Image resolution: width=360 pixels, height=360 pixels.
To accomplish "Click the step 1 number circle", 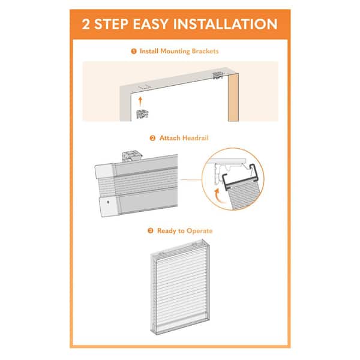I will (x=134, y=52).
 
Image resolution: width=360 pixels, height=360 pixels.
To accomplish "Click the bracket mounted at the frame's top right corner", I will (x=218, y=76).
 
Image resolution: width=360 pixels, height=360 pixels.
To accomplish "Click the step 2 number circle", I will (x=153, y=138).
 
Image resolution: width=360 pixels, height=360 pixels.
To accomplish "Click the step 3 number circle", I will (x=151, y=230).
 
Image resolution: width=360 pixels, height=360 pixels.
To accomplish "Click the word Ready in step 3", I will (x=167, y=230).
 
